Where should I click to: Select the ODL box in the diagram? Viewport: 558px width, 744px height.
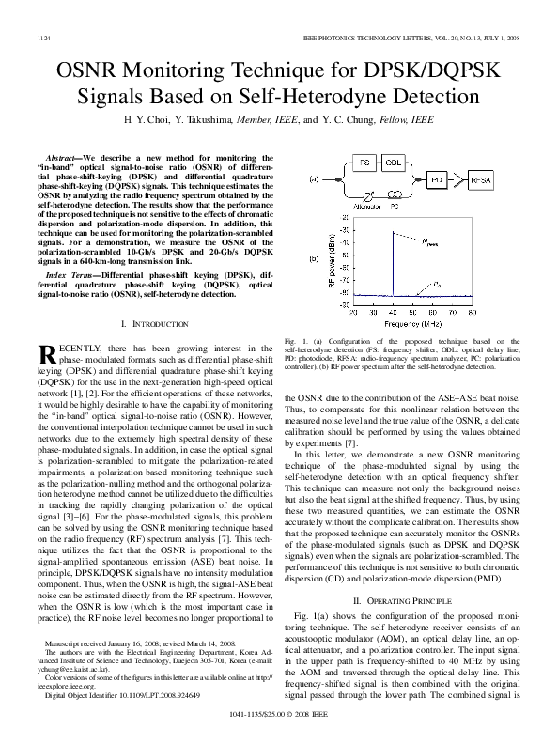395,163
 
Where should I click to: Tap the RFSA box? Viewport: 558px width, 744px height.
481,178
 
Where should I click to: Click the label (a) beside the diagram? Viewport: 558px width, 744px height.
340,178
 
